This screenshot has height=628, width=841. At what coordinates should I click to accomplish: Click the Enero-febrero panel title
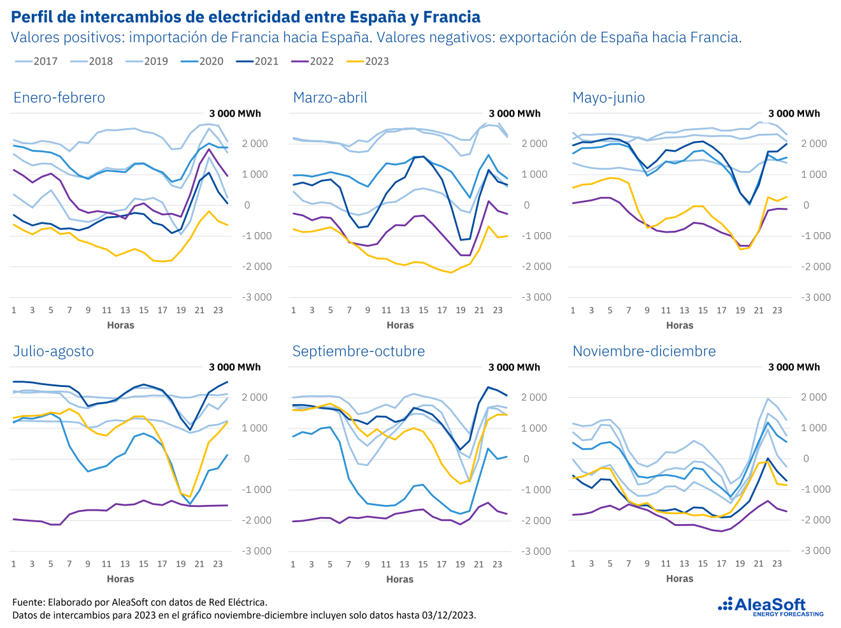[x=59, y=98]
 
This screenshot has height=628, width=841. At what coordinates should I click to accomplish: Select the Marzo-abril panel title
[x=330, y=98]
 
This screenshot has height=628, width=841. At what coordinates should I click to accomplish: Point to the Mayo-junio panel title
[x=608, y=98]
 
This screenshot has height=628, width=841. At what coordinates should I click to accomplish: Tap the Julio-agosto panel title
[x=54, y=351]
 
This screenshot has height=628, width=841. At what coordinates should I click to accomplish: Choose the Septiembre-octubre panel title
[x=358, y=351]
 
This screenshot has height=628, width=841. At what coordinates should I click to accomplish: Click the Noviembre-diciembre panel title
[x=644, y=351]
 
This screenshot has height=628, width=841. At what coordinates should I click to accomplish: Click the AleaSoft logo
[x=770, y=606]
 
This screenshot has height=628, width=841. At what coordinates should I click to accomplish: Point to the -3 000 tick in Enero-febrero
[x=257, y=297]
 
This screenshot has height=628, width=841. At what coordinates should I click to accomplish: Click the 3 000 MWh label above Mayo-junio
[x=794, y=113]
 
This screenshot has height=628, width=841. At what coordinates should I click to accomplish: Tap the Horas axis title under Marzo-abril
[x=400, y=325]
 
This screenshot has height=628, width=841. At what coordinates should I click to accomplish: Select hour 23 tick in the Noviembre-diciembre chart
[x=777, y=564]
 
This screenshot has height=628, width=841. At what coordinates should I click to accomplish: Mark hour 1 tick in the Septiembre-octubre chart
[x=293, y=564]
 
